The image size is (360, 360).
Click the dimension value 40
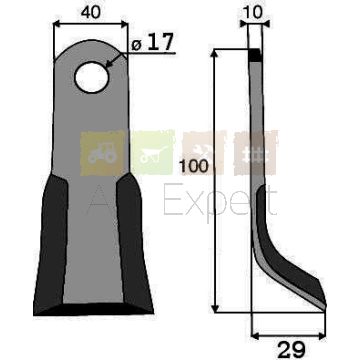(90, 13)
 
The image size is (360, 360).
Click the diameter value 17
(160, 43)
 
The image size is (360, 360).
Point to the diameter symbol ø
(136, 45)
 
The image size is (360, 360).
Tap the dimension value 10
(253, 13)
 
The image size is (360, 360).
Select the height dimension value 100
(194, 166)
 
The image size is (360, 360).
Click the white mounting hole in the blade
(92, 77)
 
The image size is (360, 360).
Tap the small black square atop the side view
(255, 55)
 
